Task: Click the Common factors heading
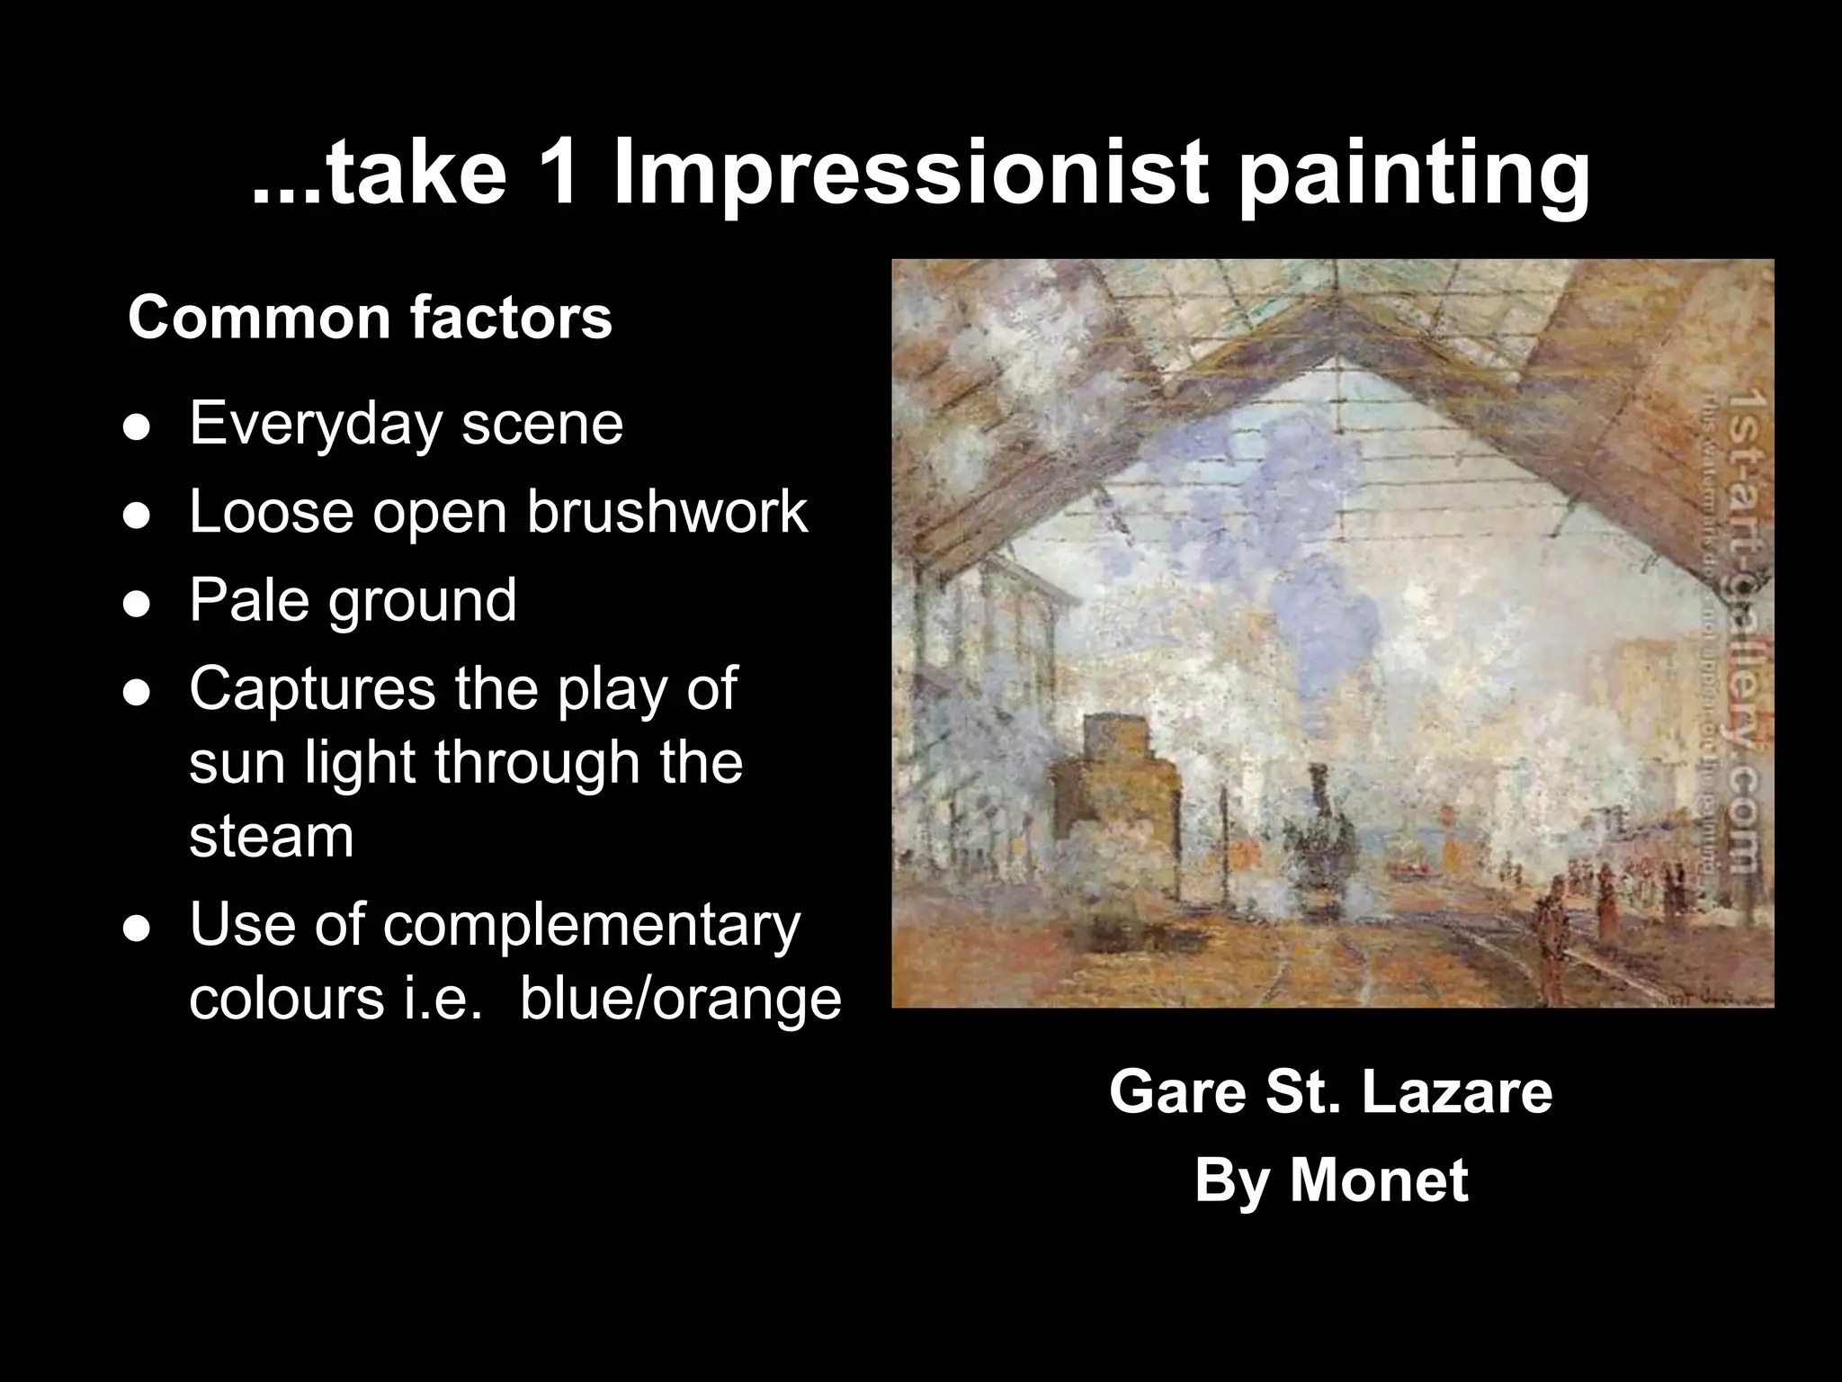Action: (x=370, y=318)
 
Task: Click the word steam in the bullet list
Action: (x=271, y=837)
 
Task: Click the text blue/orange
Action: (x=681, y=999)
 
